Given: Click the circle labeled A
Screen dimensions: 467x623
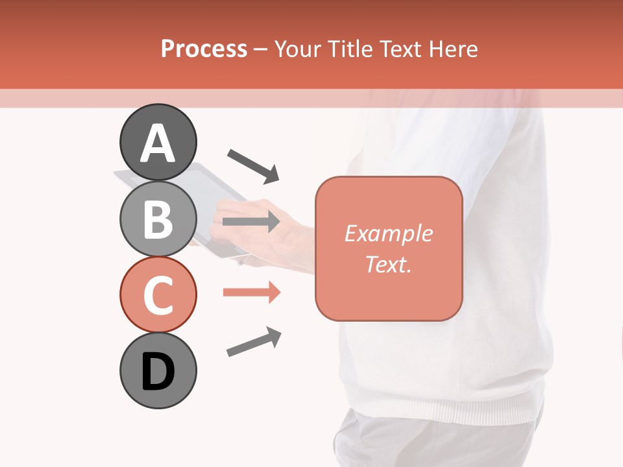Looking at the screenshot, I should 158,142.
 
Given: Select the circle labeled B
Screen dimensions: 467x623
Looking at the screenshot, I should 158,219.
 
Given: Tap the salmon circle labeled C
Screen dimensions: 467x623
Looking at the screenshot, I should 158,294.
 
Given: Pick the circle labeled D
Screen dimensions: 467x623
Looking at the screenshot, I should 158,370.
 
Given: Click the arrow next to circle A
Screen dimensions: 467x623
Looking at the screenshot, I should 253,165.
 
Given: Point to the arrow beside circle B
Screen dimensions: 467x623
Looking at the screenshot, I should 251,222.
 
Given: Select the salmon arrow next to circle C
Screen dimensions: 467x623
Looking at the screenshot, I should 251,293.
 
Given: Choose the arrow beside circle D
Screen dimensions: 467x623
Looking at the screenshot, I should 254,342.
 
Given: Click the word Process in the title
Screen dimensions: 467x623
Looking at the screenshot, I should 204,49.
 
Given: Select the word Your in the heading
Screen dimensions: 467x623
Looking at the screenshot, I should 297,49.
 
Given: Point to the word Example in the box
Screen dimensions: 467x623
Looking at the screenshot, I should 388,233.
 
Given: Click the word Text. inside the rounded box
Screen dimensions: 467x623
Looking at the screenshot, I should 388,264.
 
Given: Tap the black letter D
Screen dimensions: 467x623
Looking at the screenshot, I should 158,372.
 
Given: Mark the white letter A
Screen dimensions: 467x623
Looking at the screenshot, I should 158,143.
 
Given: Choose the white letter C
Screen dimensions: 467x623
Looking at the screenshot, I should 158,295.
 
